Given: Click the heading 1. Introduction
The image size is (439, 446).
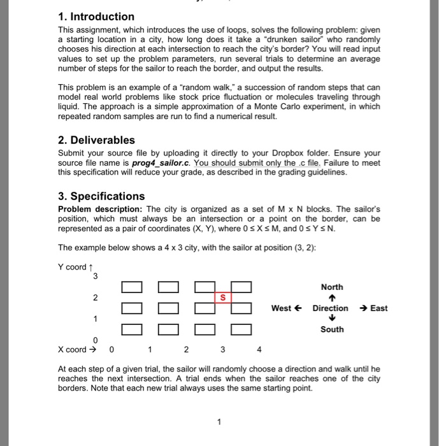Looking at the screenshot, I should (x=96, y=17).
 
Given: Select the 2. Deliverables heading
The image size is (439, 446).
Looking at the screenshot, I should (x=96, y=140).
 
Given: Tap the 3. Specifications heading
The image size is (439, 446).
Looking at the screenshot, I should (x=101, y=196).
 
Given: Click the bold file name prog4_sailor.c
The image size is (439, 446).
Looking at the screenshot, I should (x=149, y=162).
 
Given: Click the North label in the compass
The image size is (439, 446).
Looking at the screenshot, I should (x=332, y=287).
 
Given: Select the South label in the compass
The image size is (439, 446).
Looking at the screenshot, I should (x=332, y=329).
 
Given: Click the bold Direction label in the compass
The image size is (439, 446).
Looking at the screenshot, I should (x=330, y=308).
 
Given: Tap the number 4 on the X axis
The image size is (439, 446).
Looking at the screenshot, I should (x=259, y=349).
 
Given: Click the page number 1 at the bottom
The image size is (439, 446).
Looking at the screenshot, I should (x=219, y=422).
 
